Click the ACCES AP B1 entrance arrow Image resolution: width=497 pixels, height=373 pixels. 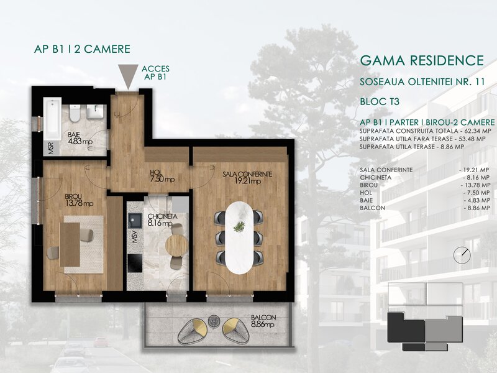click(x=128, y=76)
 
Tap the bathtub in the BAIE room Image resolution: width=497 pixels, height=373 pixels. click(x=52, y=119)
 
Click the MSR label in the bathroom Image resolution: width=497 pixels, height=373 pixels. click(x=51, y=149)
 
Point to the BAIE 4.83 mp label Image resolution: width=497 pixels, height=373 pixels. click(x=80, y=138)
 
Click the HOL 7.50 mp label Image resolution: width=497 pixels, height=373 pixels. click(x=162, y=176)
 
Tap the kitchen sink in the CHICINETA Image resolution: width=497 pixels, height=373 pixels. click(x=135, y=220)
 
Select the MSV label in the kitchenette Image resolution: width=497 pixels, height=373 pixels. click(x=135, y=237)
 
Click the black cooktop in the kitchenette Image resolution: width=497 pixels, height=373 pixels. click(x=135, y=263)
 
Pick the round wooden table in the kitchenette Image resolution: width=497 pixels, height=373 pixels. click(x=177, y=246)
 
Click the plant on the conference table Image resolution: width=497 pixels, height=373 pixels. click(x=239, y=226)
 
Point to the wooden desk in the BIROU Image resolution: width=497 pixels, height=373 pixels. click(x=70, y=244)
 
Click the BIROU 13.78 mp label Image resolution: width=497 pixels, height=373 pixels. click(x=79, y=200)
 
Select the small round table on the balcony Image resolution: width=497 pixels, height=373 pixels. click(x=214, y=321)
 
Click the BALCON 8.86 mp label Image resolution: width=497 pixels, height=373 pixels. click(x=263, y=321)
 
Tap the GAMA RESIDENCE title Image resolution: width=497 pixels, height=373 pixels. click(x=422, y=60)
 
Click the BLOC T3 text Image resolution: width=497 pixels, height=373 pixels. click(x=380, y=101)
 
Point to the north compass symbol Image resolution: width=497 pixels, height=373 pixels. click(x=462, y=255)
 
